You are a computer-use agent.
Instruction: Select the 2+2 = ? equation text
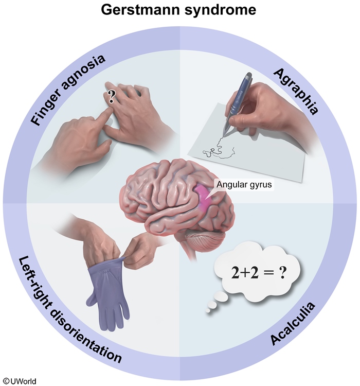(258, 273)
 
